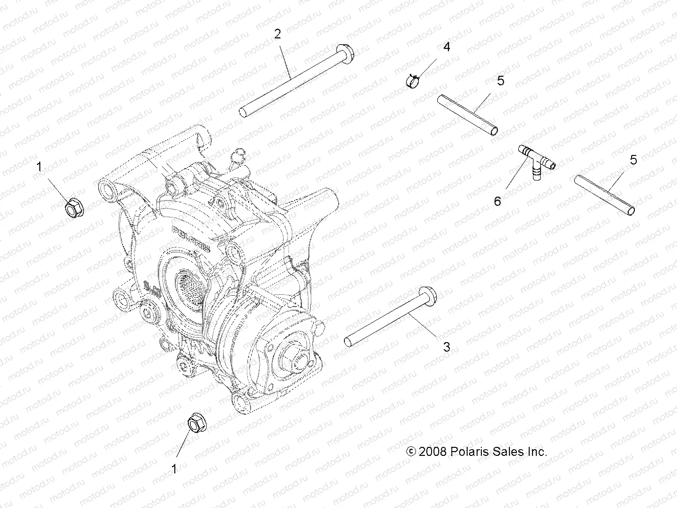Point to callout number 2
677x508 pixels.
278,34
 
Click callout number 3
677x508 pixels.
446,347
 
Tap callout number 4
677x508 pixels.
446,47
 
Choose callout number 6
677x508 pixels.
497,201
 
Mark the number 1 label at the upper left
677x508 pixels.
39,167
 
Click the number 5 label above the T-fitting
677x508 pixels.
500,81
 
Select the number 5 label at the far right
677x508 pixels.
633,160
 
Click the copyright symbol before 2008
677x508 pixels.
411,451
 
